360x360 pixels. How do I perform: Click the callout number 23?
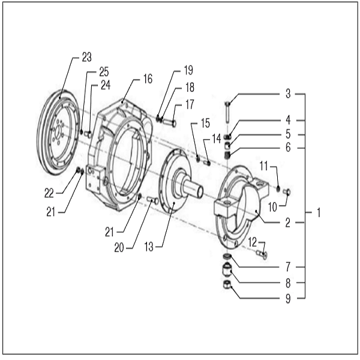tap(86, 58)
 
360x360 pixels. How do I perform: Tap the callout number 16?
tap(148, 79)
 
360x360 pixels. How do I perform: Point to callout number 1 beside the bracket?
tap(319, 212)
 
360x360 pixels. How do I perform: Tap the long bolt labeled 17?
tap(168, 123)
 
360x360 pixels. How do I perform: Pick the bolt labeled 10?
tap(286, 192)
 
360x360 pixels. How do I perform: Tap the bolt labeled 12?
tap(262, 255)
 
